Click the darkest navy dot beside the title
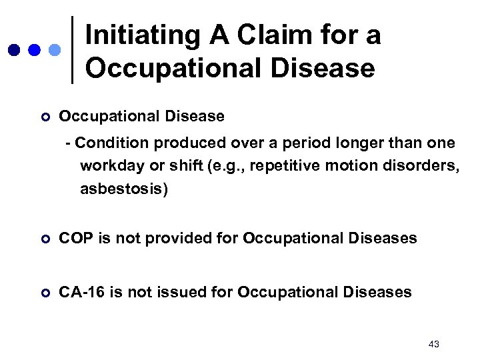[x=15, y=50]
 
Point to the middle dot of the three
[x=35, y=50]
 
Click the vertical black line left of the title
[x=72, y=50]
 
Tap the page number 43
[x=434, y=343]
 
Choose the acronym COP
[x=75, y=238]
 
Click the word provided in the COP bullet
[x=176, y=238]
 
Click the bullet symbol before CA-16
[x=45, y=292]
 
